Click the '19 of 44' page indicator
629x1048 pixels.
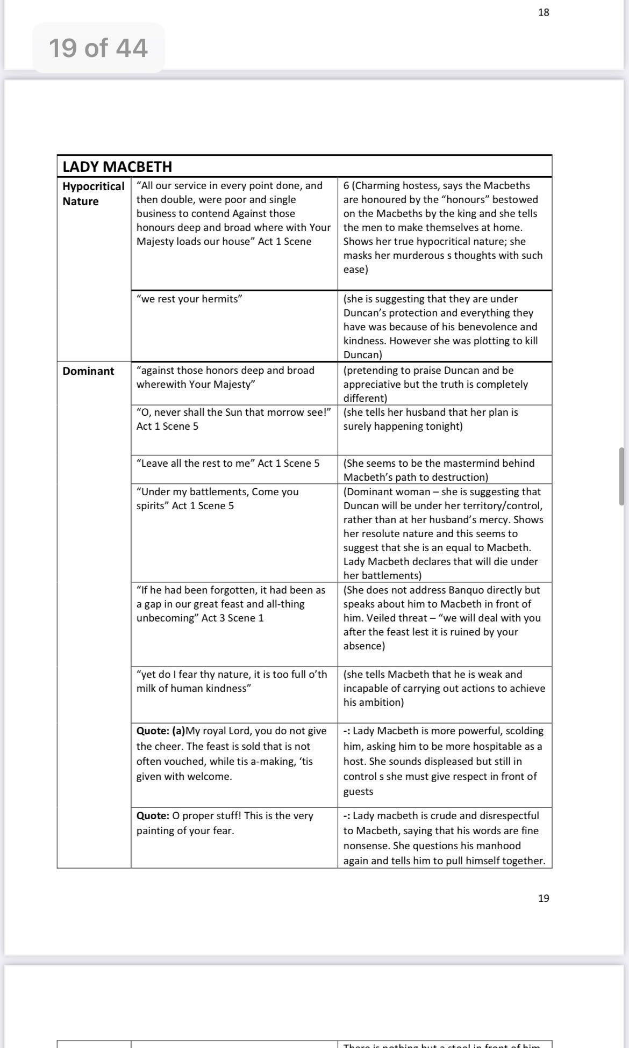tap(98, 48)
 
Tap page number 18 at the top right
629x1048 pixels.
tap(544, 12)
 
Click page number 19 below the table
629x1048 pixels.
tap(544, 898)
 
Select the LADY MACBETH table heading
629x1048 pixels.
tap(117, 167)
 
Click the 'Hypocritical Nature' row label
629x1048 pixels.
tap(93, 193)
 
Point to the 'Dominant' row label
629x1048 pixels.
tap(88, 371)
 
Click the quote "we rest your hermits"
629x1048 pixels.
tap(189, 299)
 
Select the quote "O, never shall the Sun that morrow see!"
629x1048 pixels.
tap(233, 412)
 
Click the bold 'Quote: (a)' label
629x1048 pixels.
tap(160, 731)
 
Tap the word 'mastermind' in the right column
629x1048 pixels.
tap(463, 463)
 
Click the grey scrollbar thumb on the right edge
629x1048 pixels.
tap(621, 476)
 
